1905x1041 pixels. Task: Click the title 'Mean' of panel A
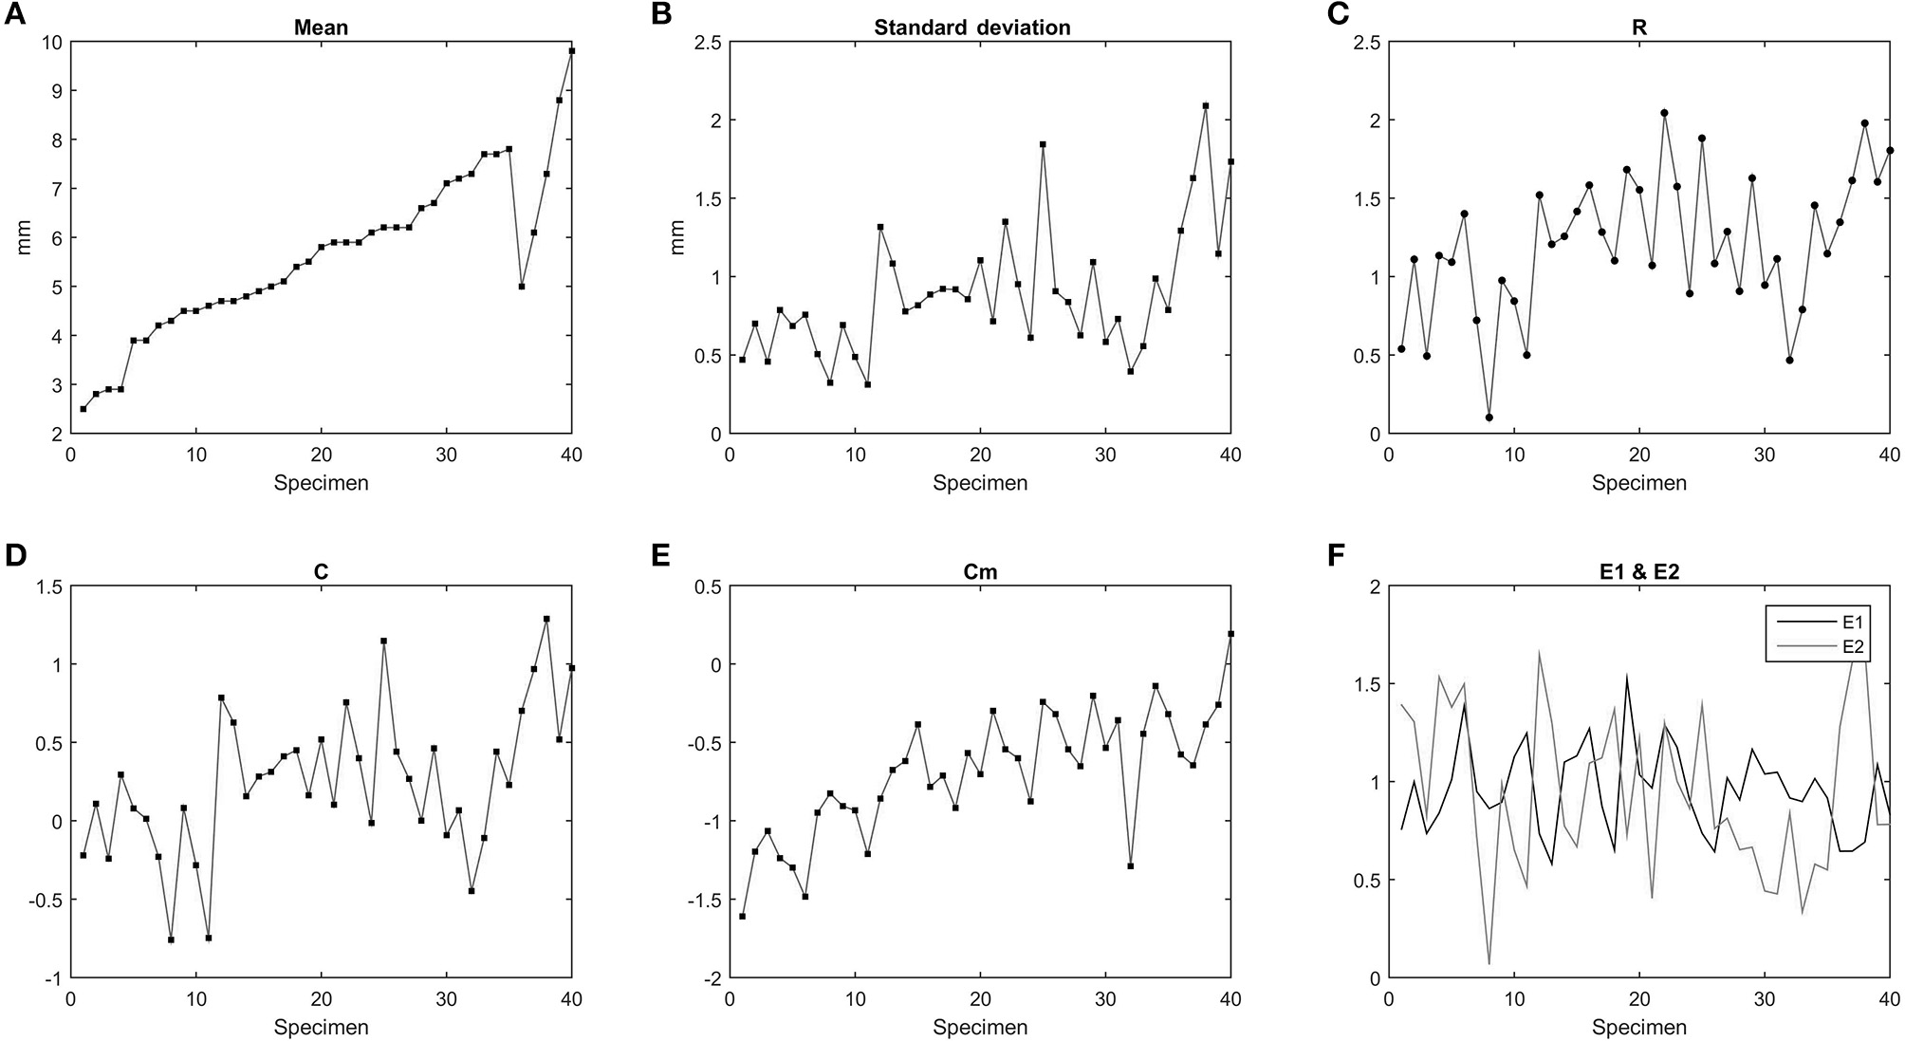[321, 28]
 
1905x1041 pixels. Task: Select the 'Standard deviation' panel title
[971, 28]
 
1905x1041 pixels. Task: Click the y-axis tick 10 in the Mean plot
[51, 42]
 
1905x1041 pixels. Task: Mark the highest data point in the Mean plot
[571, 51]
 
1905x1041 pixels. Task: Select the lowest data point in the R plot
[1489, 418]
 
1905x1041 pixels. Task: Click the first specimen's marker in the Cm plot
[742, 917]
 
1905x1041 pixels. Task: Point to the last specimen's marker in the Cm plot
[1230, 634]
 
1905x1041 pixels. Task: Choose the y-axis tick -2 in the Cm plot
[708, 978]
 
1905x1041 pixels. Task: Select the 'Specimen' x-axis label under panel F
[1638, 1027]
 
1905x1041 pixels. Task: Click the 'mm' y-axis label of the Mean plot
[24, 238]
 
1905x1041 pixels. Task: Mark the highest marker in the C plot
[546, 620]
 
